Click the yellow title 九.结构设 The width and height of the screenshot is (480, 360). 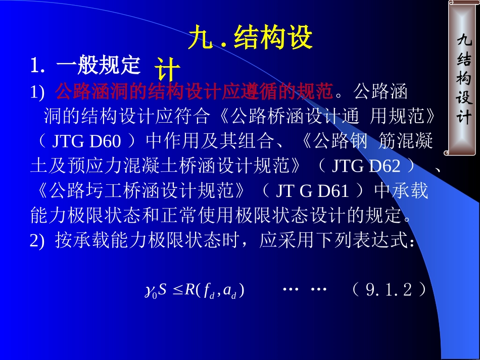coord(250,38)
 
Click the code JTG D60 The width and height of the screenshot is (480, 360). coord(86,141)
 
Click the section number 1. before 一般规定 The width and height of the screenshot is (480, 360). coord(38,65)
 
